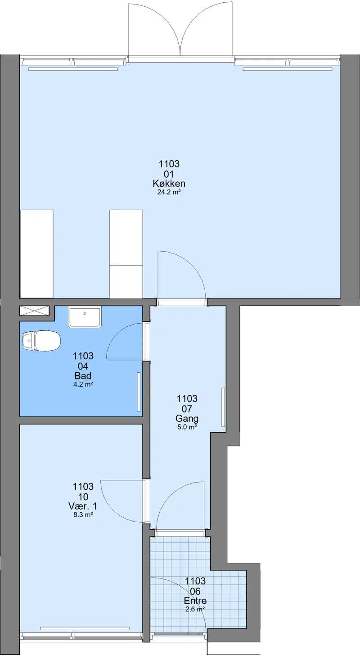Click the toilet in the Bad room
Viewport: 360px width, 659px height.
[41, 341]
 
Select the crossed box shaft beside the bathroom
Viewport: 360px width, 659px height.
[34, 311]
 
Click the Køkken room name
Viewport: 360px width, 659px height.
[169, 184]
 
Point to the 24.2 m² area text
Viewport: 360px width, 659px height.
[169, 192]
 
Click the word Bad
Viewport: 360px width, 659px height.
[83, 376]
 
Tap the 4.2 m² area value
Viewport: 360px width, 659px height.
[83, 384]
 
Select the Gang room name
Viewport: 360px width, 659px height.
[187, 419]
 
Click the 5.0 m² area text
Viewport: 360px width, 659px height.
[187, 427]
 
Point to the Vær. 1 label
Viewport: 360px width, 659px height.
[83, 506]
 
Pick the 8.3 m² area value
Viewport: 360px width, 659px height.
[83, 515]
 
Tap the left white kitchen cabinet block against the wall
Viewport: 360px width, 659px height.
[36, 254]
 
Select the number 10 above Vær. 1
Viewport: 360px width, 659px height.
[83, 497]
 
